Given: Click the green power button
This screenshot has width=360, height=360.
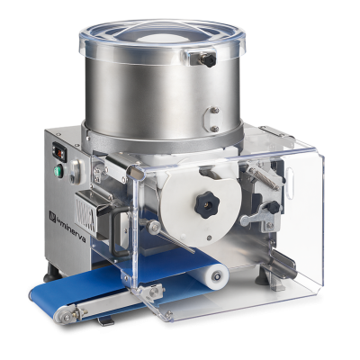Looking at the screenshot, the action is pyautogui.click(x=58, y=171).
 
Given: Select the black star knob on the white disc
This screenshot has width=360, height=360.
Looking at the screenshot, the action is pyautogui.click(x=207, y=204).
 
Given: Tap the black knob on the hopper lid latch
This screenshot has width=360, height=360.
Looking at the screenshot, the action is pyautogui.click(x=209, y=60).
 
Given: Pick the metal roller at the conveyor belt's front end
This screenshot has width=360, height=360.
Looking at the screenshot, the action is pyautogui.click(x=63, y=315).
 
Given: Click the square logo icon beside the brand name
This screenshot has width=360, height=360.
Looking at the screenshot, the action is pyautogui.click(x=52, y=216).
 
